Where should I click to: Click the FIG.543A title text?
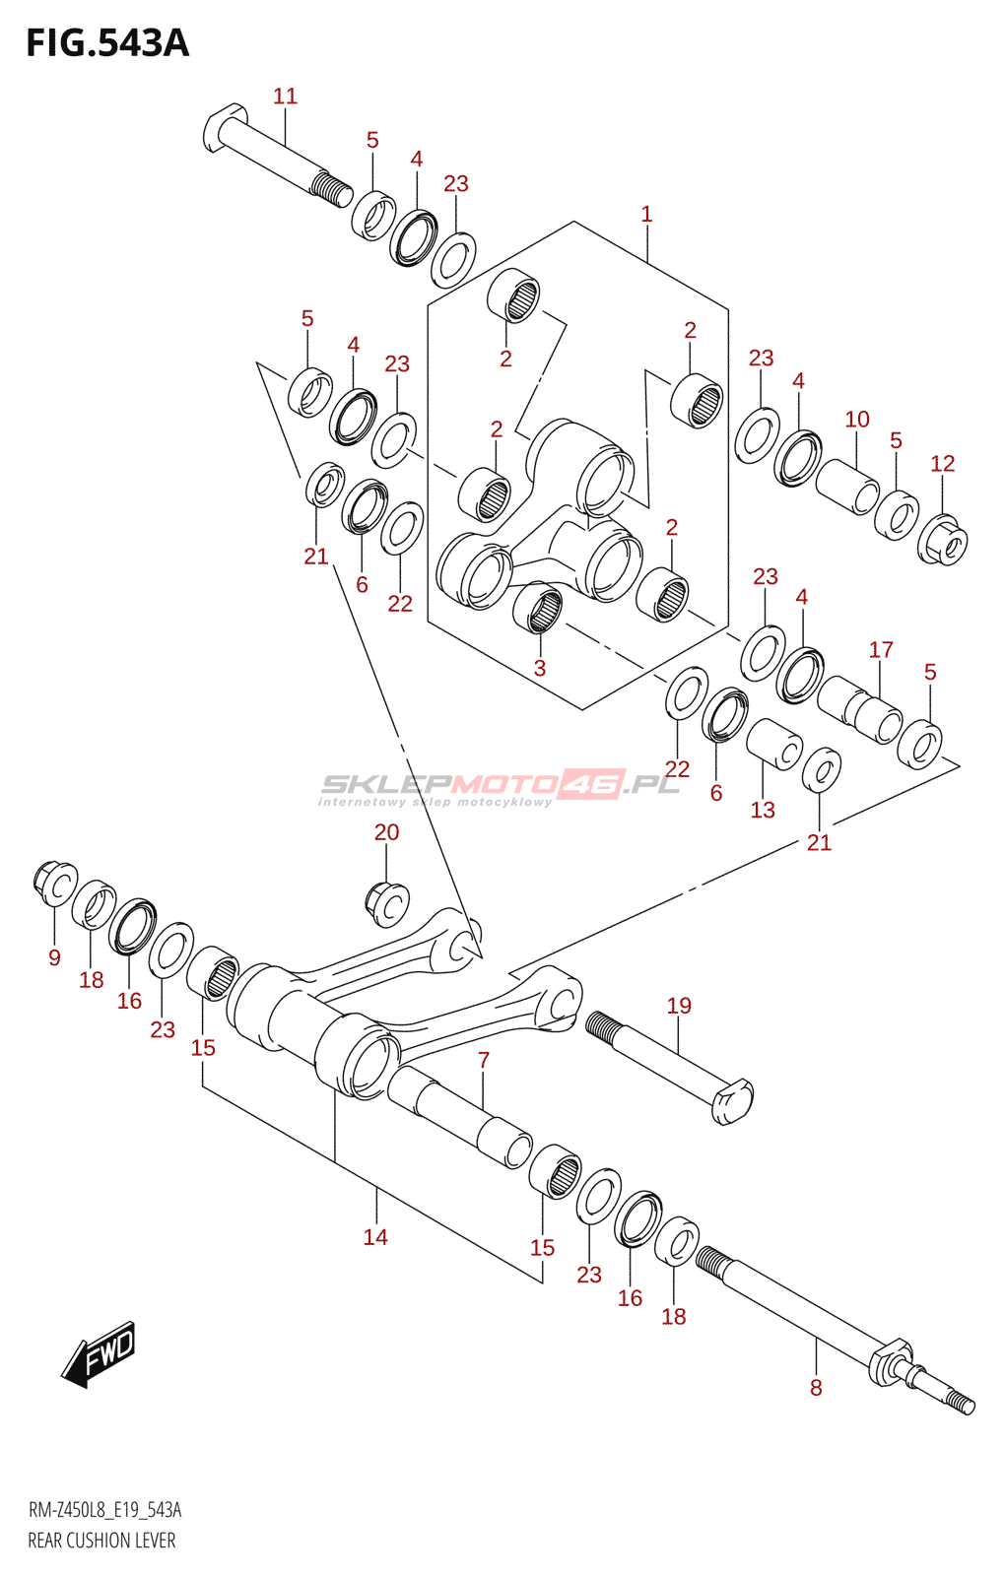pyautogui.click(x=107, y=43)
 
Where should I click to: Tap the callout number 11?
pyautogui.click(x=285, y=96)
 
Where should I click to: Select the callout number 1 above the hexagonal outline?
pyautogui.click(x=646, y=214)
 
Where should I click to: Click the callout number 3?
pyautogui.click(x=539, y=667)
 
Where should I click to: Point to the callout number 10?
pyautogui.click(x=857, y=420)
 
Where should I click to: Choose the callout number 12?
pyautogui.click(x=942, y=463)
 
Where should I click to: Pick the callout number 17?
pyautogui.click(x=881, y=649)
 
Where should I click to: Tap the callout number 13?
pyautogui.click(x=763, y=810)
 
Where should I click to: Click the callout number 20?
pyautogui.click(x=386, y=831)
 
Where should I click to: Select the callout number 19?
pyautogui.click(x=679, y=1005)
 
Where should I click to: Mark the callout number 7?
pyautogui.click(x=484, y=1060)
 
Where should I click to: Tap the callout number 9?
pyautogui.click(x=54, y=956)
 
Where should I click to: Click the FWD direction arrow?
pyautogui.click(x=98, y=1353)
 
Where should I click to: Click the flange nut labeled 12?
pyautogui.click(x=943, y=540)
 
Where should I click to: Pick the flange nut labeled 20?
pyautogui.click(x=387, y=903)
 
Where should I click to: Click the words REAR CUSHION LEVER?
pyautogui.click(x=101, y=1541)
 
